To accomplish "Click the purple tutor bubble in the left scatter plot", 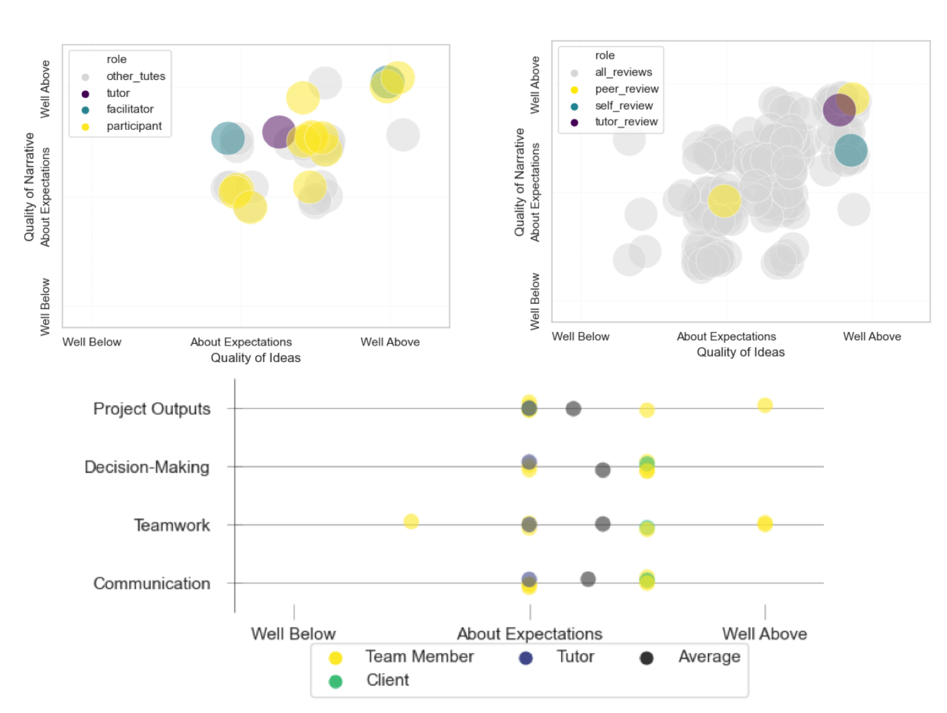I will click(x=279, y=132).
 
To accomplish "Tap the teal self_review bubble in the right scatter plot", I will click(x=851, y=151).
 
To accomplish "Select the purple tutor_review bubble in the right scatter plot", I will click(x=839, y=110).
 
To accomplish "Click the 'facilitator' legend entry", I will click(x=130, y=109).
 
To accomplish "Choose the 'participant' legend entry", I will click(x=134, y=126).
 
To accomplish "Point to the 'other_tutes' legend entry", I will click(x=135, y=77).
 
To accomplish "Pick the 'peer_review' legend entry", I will click(x=627, y=89).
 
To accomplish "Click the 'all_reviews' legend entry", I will click(x=623, y=73).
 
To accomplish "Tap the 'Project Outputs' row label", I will click(x=152, y=409).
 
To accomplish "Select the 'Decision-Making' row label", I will click(x=147, y=467).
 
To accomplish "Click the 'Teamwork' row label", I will click(x=172, y=525).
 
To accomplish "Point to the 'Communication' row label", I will click(x=152, y=584).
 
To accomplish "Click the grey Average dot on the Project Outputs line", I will click(x=573, y=409).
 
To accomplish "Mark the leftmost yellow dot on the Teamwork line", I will click(x=411, y=521).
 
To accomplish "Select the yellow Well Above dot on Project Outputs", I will click(x=765, y=405).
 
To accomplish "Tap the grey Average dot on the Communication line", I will click(x=588, y=579).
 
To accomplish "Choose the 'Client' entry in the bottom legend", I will click(x=387, y=680).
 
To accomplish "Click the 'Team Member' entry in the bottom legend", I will click(x=419, y=657).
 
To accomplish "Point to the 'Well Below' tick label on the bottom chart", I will click(x=293, y=634).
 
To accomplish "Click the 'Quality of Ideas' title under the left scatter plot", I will click(x=255, y=358).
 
